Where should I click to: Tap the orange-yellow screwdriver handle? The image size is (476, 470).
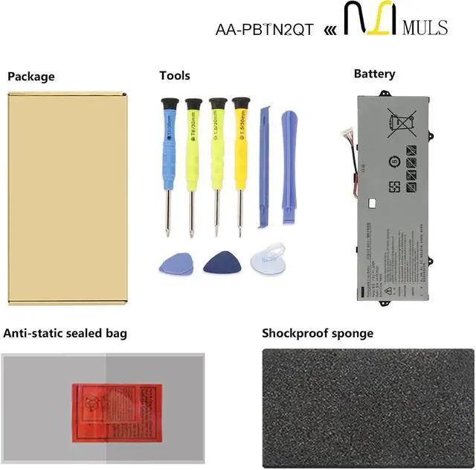click(x=239, y=134)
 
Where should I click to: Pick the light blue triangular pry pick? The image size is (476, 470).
click(x=172, y=262)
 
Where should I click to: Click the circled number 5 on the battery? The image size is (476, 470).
click(x=395, y=161)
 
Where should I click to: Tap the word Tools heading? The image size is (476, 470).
click(x=174, y=75)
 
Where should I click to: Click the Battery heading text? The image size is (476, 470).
click(x=374, y=74)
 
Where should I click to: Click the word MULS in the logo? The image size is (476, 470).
click(x=425, y=28)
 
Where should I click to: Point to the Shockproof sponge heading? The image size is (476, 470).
click(x=318, y=333)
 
